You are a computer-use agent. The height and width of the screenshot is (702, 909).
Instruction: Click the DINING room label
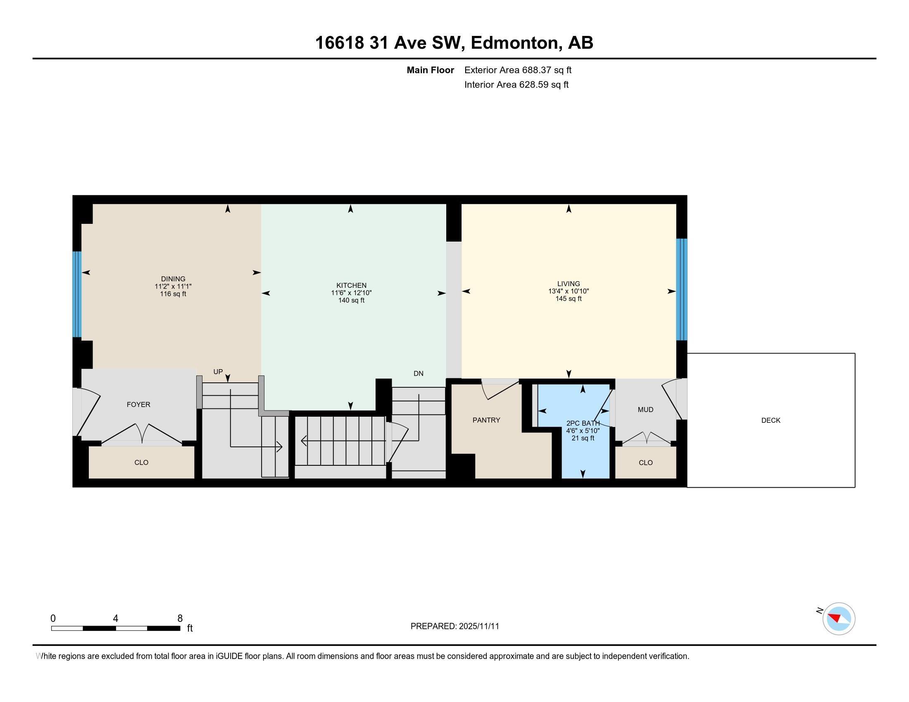click(173, 279)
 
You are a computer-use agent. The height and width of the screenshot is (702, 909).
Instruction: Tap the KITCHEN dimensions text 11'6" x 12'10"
click(351, 293)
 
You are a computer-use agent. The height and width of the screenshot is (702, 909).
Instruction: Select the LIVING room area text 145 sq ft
click(569, 299)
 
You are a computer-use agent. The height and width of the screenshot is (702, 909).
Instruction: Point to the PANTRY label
click(486, 420)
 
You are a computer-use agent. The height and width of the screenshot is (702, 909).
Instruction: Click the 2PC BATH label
click(583, 423)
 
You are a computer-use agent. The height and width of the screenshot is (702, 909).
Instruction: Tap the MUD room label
click(645, 410)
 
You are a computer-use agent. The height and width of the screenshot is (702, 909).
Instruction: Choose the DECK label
click(771, 420)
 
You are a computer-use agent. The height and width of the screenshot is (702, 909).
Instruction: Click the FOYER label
click(138, 404)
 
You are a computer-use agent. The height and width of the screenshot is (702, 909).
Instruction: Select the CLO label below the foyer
click(141, 462)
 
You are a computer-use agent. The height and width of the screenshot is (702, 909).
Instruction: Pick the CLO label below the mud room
click(645, 462)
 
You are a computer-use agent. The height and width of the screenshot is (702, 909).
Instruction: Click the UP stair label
click(218, 372)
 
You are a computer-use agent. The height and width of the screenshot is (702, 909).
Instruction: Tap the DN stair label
click(418, 373)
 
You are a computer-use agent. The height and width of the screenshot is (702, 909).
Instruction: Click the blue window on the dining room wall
click(76, 294)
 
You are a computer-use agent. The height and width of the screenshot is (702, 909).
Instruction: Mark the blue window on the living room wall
click(681, 289)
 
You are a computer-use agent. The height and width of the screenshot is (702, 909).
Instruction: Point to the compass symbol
click(838, 619)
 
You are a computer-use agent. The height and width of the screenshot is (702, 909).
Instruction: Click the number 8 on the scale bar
click(180, 619)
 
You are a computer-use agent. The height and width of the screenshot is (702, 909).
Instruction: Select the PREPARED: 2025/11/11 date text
click(454, 626)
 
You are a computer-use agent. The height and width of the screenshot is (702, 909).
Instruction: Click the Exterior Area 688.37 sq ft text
click(518, 70)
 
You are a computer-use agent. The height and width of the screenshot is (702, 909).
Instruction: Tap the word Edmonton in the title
click(514, 43)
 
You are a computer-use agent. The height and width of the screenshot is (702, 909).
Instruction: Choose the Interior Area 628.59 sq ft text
click(516, 85)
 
